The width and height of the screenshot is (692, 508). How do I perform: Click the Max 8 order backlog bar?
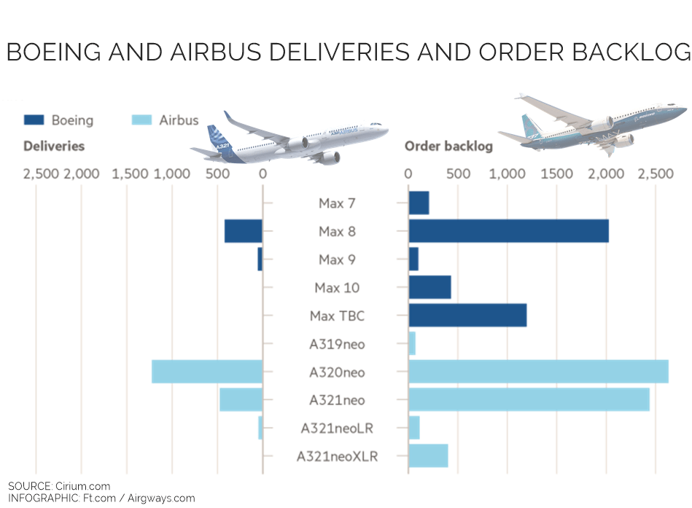pos(508,231)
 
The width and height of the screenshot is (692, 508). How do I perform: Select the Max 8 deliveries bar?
pos(243,231)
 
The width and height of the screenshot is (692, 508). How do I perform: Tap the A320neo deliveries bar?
pos(206,372)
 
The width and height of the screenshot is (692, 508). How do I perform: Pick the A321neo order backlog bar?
pos(529,399)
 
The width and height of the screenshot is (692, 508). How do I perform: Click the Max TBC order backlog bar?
pos(467,316)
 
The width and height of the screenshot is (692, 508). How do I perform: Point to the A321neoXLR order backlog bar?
pos(428,456)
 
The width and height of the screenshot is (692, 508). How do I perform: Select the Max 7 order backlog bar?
pos(419,203)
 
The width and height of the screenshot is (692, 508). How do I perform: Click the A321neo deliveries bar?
pos(241,399)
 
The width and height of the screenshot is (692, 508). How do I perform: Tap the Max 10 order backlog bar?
pos(429,287)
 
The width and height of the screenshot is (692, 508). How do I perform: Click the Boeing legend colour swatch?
pos(34,120)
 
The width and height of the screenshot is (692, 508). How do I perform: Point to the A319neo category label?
pos(337,344)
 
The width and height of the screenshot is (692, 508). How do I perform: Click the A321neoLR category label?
pos(337,429)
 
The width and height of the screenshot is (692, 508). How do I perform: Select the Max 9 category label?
pos(337,259)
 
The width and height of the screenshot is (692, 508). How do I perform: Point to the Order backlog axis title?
pos(448,146)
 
